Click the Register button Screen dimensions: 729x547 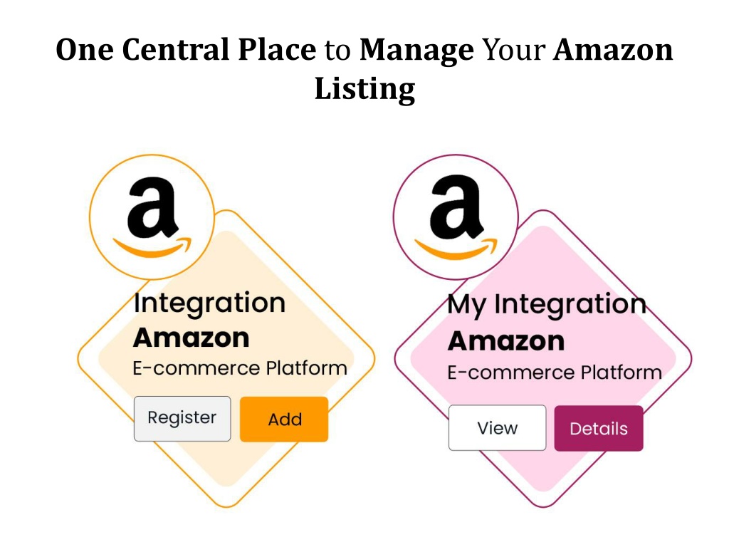(x=182, y=419)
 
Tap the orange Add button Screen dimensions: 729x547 (x=284, y=419)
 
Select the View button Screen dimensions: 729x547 (x=497, y=427)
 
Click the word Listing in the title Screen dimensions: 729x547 (x=365, y=88)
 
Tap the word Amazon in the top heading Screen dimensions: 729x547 (x=613, y=49)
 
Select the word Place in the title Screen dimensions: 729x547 (x=277, y=49)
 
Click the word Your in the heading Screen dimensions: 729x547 (x=514, y=49)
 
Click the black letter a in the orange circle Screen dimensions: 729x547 (x=152, y=207)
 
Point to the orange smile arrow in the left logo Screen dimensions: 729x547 (x=153, y=248)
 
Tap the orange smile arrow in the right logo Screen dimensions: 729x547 (x=456, y=250)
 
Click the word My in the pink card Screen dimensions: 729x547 (x=467, y=305)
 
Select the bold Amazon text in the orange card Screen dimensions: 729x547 (x=191, y=338)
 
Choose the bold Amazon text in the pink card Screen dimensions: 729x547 (x=506, y=341)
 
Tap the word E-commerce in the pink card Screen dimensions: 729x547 (x=511, y=373)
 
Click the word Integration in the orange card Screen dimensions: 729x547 (x=210, y=303)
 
